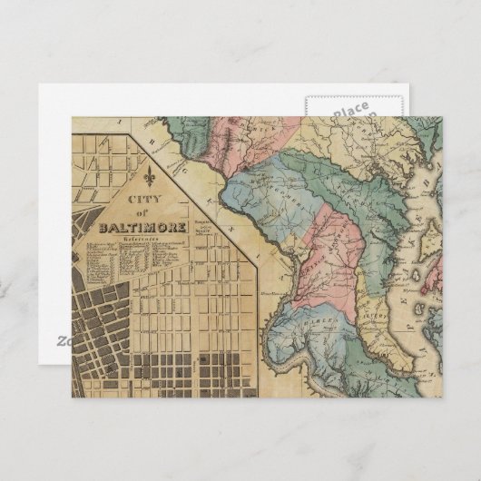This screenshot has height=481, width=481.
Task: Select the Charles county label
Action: point(309,324)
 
